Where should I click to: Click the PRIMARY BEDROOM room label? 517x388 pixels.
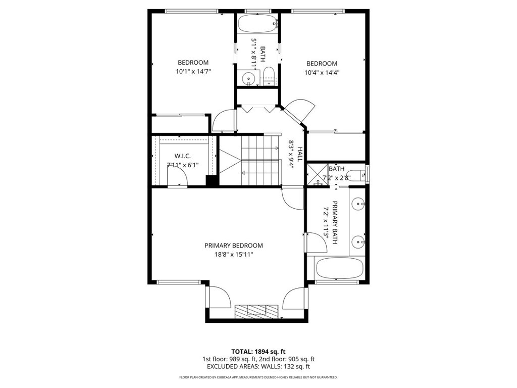click(233, 246)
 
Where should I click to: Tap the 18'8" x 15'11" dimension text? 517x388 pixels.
click(233, 255)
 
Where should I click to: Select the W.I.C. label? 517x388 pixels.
click(182, 156)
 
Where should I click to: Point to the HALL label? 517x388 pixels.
click(300, 154)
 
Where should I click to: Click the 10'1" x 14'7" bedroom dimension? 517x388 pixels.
click(193, 71)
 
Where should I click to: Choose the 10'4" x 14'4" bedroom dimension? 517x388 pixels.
click(322, 72)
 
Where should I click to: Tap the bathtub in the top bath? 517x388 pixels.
click(257, 24)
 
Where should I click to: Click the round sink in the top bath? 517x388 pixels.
click(248, 78)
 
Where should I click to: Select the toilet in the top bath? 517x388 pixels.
click(269, 76)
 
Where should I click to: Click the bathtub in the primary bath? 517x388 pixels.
click(339, 268)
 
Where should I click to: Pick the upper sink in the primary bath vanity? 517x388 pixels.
click(358, 204)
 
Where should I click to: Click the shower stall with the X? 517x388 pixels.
click(318, 174)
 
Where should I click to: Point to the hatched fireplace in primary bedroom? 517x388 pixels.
click(256, 311)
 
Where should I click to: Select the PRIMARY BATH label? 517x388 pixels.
click(335, 222)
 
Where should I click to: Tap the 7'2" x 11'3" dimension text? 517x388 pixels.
click(327, 222)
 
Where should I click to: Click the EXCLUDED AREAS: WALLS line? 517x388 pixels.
click(258, 366)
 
